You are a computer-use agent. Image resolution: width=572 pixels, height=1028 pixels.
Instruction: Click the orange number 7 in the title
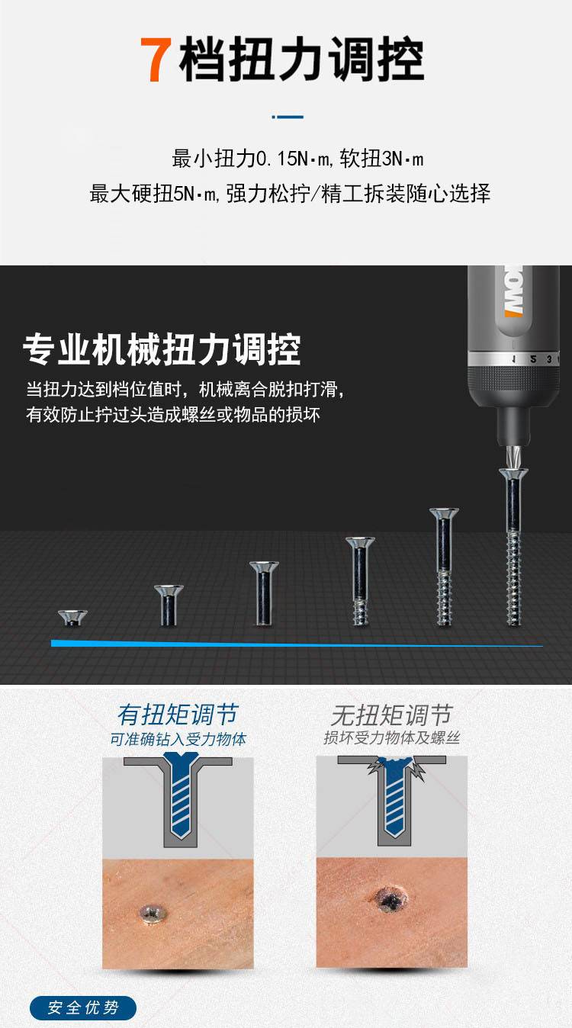tap(156, 60)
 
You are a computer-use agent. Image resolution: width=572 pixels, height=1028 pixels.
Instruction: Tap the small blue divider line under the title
tap(288, 117)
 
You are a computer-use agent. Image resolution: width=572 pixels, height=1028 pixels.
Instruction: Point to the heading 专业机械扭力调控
tap(162, 350)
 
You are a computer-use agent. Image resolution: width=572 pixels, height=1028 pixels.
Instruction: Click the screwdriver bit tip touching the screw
tap(513, 457)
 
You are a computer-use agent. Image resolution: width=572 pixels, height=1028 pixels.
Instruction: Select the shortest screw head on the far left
tap(72, 617)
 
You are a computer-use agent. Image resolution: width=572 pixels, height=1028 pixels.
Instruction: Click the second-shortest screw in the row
tap(169, 605)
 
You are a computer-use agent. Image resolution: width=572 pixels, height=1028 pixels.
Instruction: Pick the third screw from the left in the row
tap(264, 593)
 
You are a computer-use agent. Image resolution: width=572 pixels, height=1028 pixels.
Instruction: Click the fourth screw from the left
tap(360, 581)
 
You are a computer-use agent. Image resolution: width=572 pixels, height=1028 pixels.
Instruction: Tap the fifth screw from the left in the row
tap(444, 567)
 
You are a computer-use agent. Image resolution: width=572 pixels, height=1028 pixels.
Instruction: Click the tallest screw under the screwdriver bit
tap(514, 547)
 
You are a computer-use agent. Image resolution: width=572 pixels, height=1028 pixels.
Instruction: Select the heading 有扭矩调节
tap(178, 714)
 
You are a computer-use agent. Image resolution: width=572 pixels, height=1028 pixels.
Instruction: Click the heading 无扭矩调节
tap(391, 715)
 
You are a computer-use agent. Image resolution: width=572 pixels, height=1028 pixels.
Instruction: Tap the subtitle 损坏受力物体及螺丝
tap(391, 738)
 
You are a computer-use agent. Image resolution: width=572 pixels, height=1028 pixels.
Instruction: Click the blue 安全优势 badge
tap(83, 1008)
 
